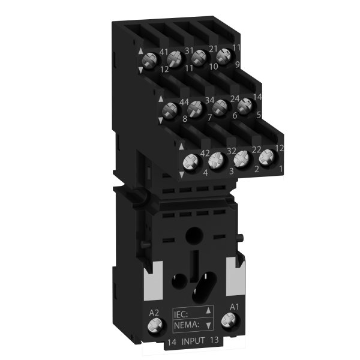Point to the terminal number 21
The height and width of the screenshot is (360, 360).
213,48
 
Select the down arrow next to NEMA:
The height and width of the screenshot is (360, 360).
208,325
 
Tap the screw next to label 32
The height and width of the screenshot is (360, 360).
217,161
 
